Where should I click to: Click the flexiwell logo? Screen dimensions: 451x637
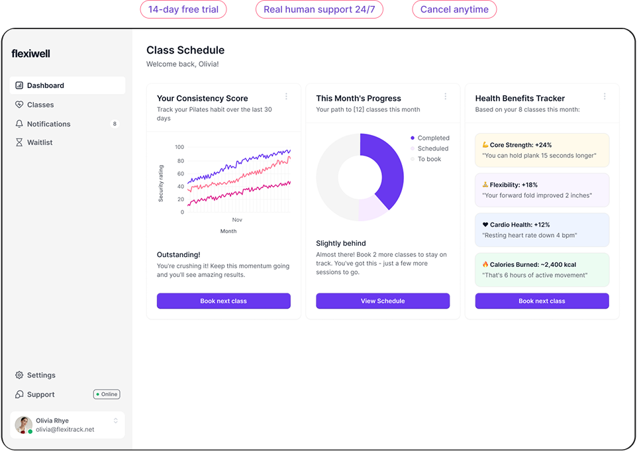pos(30,54)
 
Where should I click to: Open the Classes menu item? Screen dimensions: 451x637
pos(40,105)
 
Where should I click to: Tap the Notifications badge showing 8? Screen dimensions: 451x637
pos(115,124)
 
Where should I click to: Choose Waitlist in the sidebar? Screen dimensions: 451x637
pos(40,142)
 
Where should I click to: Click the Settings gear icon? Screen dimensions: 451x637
pos(19,375)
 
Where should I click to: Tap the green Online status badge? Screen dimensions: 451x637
pos(107,394)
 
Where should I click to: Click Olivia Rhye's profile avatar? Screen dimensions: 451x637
pos(24,425)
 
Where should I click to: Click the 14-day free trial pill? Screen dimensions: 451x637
pos(183,9)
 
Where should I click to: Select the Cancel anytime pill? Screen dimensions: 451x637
pos(454,9)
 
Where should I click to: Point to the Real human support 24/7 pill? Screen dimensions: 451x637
pos(319,9)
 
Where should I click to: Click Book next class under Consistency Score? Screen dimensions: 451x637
pos(223,301)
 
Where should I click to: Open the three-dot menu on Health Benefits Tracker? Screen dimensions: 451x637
pos(605,97)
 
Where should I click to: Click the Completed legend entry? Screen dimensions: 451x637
pos(432,138)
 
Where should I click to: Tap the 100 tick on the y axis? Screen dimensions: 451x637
pos(179,147)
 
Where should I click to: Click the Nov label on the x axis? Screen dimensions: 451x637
pos(237,219)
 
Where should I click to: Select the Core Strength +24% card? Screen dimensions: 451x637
pos(542,150)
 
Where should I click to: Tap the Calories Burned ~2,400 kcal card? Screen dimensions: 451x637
pos(542,270)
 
